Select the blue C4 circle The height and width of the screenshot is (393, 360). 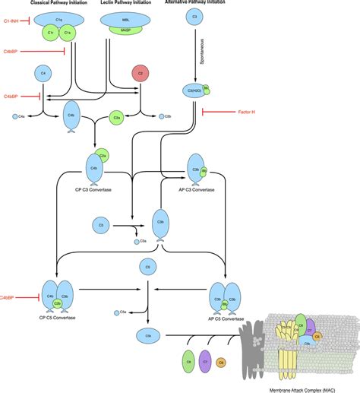click(x=42, y=73)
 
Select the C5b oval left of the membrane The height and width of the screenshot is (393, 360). click(x=147, y=334)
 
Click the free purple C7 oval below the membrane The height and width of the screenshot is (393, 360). click(x=204, y=362)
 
